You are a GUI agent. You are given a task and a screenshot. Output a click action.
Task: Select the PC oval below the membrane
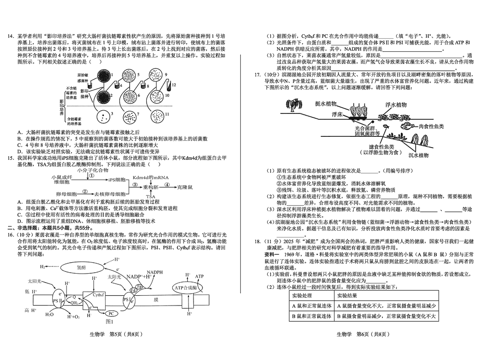click(112, 313)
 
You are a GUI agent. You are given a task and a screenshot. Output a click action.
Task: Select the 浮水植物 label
click(395, 105)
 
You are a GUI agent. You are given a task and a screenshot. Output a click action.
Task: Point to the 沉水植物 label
click(419, 156)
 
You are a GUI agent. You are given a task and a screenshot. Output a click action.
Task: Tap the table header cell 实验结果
click(350, 295)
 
